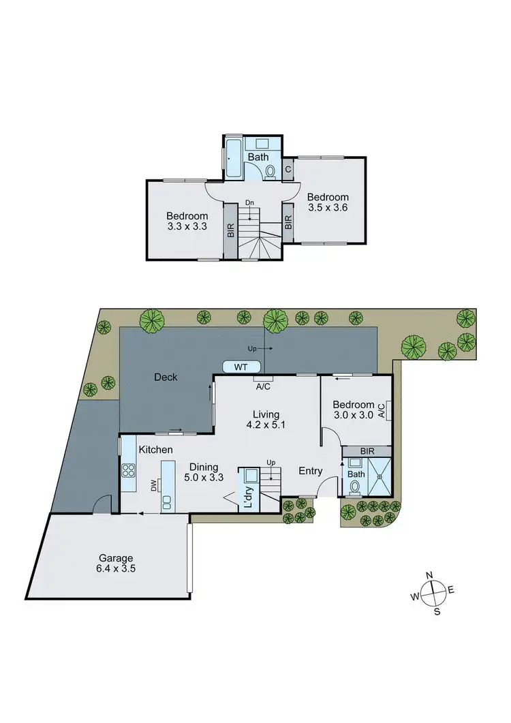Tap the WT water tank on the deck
pos(241,367)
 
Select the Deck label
pos(166,377)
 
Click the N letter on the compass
pos(430,576)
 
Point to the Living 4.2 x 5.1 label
pos(266,419)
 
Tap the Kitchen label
pos(155,450)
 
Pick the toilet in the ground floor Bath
pos(354,487)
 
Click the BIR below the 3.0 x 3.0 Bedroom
pos(367,451)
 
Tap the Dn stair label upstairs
pos(250,202)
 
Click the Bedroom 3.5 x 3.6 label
pos(328,202)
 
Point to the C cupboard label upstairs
pos(288,170)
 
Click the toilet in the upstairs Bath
pos(270,172)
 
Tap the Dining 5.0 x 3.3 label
pos(204,472)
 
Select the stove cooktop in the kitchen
pos(127,470)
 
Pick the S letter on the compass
pos(437,611)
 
